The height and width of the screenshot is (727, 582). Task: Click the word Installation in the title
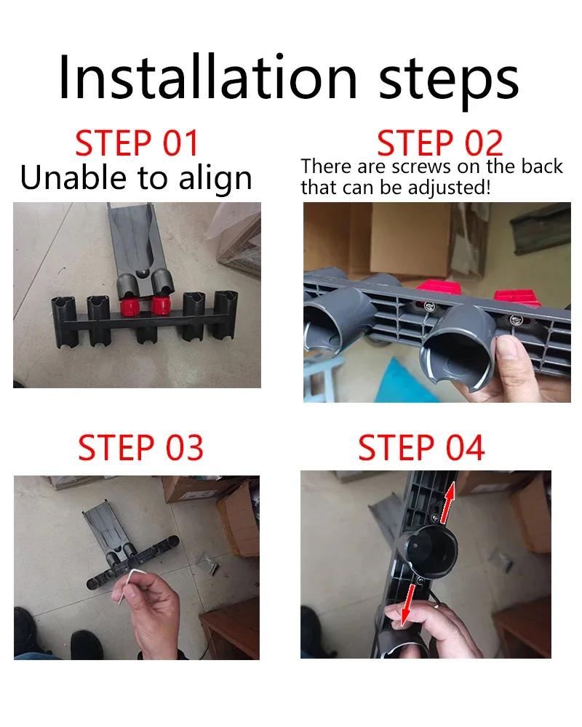pyautogui.click(x=207, y=77)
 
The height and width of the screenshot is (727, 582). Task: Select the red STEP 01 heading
pyautogui.click(x=137, y=143)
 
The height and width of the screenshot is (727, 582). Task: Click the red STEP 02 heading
pyautogui.click(x=439, y=143)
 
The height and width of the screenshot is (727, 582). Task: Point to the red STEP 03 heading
pyautogui.click(x=140, y=449)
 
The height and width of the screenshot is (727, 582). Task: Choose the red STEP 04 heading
pyautogui.click(x=421, y=449)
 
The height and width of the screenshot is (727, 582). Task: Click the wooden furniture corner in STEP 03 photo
pyautogui.click(x=229, y=632)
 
